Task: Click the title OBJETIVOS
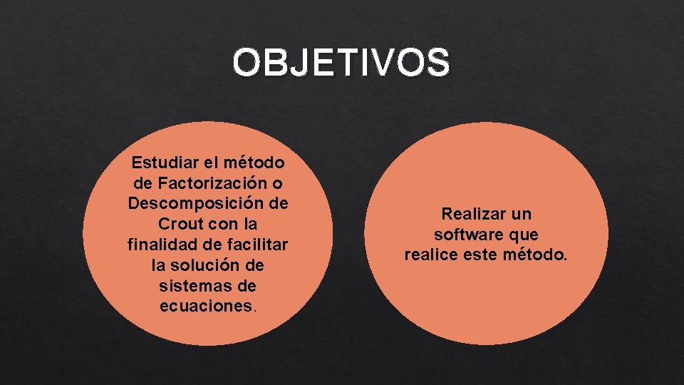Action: coord(341,63)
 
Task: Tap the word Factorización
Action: coord(202,183)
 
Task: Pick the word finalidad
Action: coord(163,245)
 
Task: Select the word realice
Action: coord(430,255)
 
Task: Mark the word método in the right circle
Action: coord(539,255)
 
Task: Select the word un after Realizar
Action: coord(522,214)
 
